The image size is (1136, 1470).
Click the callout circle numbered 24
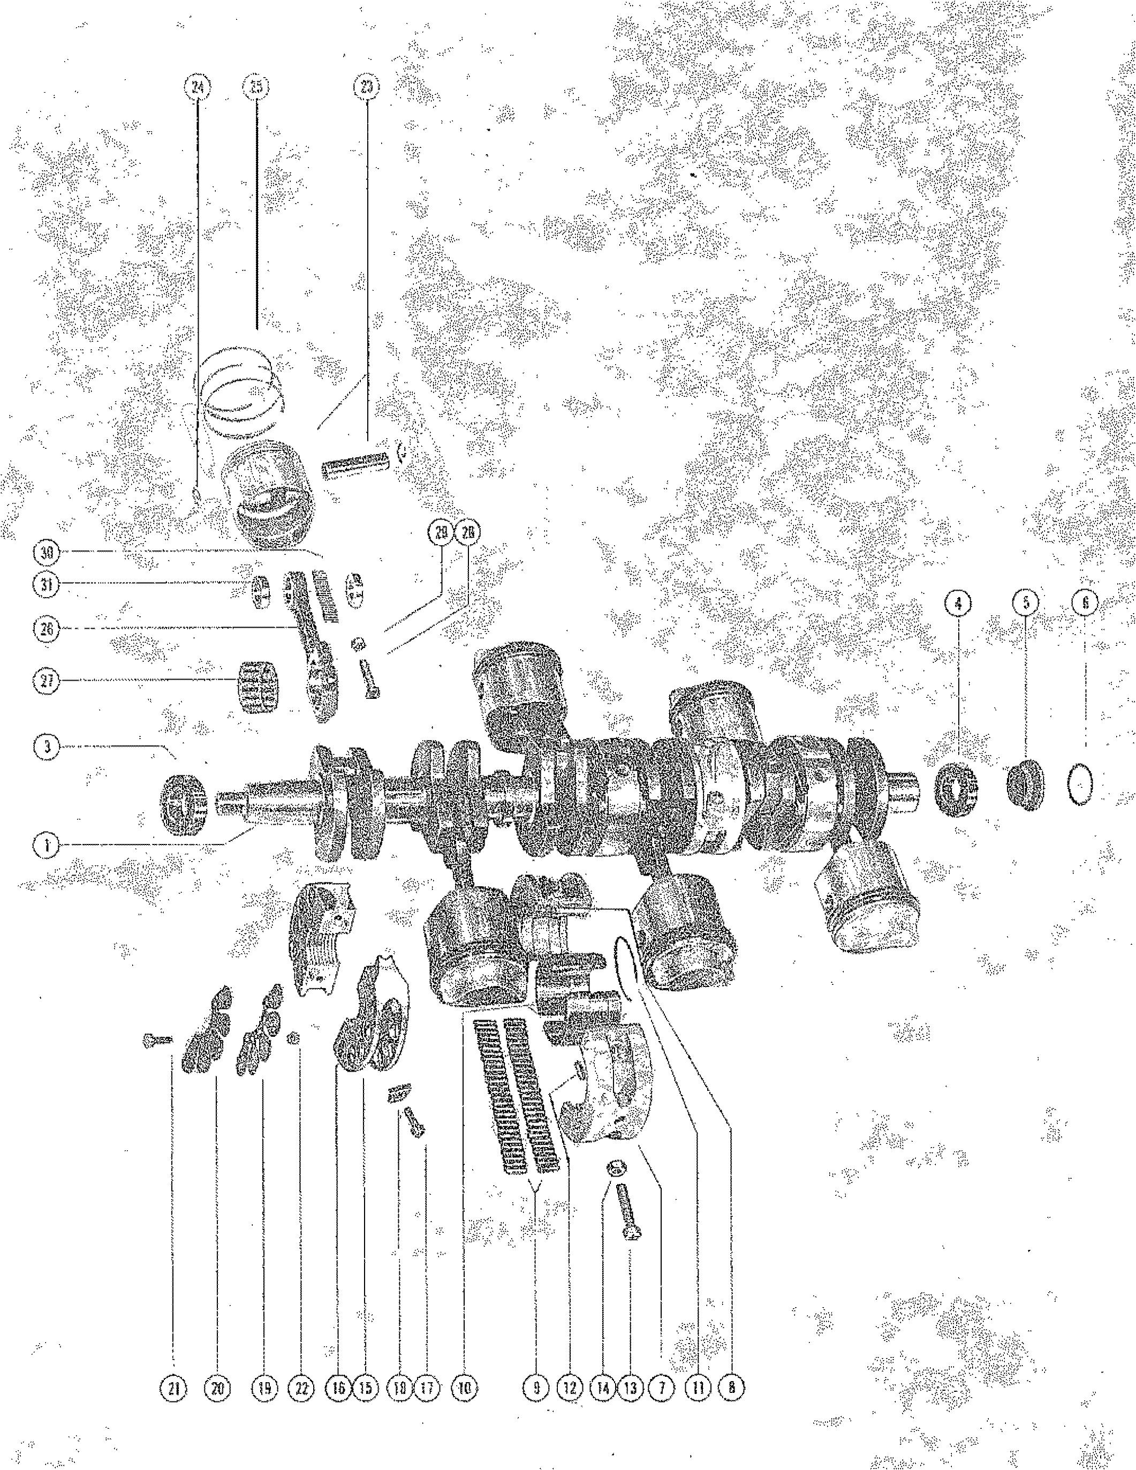199,87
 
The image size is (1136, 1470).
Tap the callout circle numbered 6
1084,604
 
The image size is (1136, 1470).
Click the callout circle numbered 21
173,1387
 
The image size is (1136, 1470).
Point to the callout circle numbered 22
300,1387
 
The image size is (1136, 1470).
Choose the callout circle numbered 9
536,1387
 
